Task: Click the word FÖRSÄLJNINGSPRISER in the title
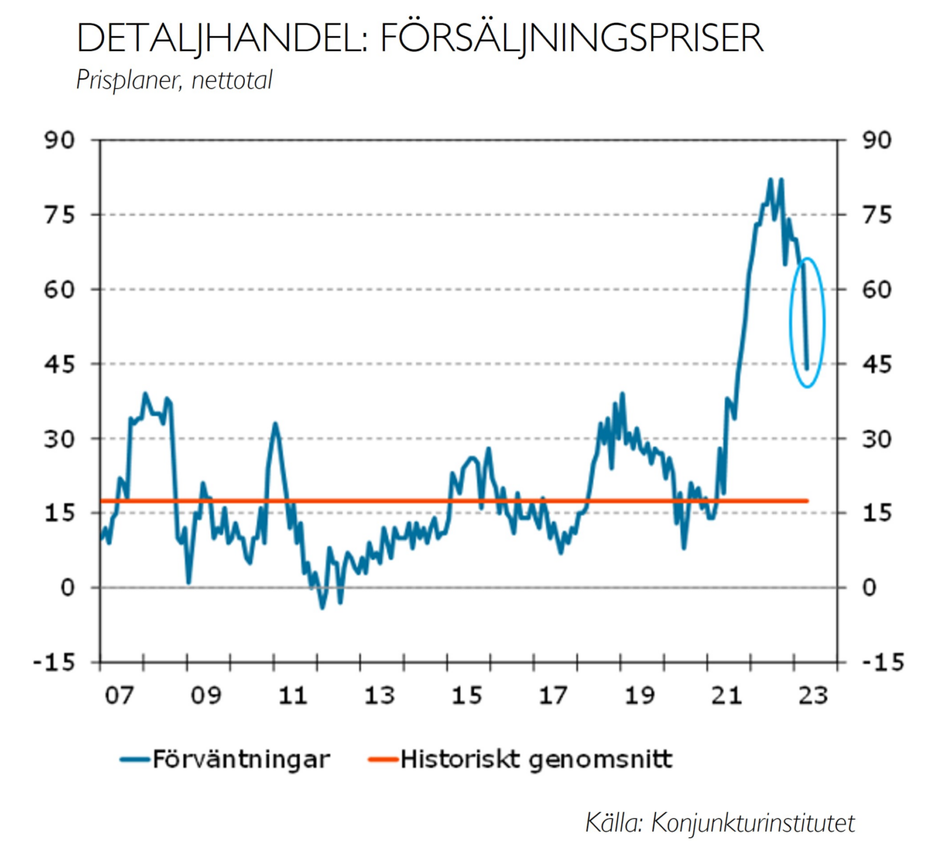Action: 571,38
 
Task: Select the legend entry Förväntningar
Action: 240,759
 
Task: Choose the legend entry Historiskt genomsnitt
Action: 535,759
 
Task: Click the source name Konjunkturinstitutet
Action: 754,822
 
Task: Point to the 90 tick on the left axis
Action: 60,140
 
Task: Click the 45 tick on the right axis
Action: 876,364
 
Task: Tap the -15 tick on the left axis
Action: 54,662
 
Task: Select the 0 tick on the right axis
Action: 869,587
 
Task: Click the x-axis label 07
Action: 119,695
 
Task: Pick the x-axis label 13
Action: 379,695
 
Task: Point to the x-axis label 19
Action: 639,695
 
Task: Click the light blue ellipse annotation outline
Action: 791,323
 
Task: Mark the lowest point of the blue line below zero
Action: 321,608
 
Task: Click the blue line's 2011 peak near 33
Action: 275,424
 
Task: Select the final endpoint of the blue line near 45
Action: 807,368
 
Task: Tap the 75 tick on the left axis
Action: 60,215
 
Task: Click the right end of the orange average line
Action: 807,501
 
